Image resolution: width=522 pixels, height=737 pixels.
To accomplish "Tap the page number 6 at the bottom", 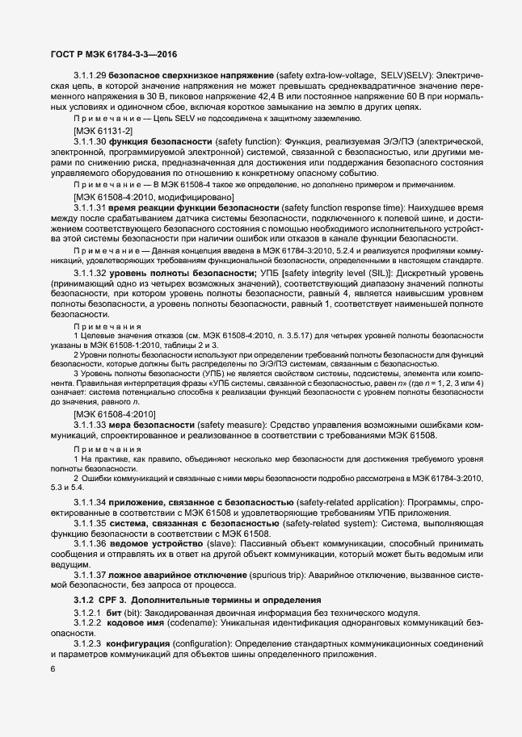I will coord(53,669).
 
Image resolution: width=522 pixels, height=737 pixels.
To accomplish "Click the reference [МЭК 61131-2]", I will coord(103,130).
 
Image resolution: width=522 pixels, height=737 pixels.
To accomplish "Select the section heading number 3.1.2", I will coord(84,601).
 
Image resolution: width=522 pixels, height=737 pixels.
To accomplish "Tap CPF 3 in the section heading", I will coord(114,601).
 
